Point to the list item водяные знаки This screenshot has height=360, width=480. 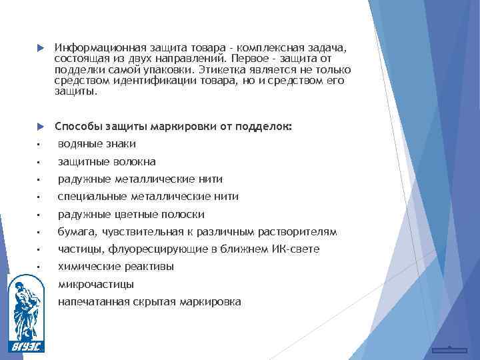point(97,144)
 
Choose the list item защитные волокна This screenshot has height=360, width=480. point(107,162)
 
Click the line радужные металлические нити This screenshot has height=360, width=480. point(140,179)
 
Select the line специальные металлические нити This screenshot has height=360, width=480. point(148,197)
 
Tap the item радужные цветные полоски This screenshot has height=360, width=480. point(131,215)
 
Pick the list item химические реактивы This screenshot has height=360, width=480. point(116,267)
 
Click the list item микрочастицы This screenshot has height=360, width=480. point(96,285)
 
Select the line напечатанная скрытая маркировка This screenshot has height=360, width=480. point(149,302)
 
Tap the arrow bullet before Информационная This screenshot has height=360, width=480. point(39,49)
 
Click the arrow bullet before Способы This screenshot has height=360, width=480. point(39,127)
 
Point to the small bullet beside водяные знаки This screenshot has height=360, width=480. point(39,145)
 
